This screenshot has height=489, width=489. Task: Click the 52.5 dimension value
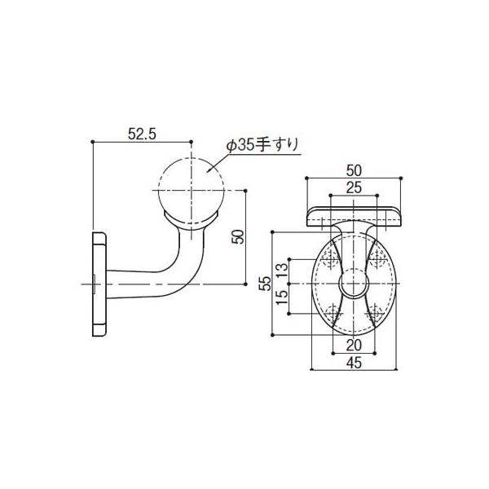142,134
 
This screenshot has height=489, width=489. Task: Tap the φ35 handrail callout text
262,145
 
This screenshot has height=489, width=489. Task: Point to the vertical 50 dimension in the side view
238,236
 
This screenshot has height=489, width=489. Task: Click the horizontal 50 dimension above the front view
354,170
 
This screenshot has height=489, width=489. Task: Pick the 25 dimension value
354,187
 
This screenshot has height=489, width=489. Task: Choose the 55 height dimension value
266,283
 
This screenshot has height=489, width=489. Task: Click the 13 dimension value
282,271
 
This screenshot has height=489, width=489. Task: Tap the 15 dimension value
282,297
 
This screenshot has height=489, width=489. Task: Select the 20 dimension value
354,345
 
